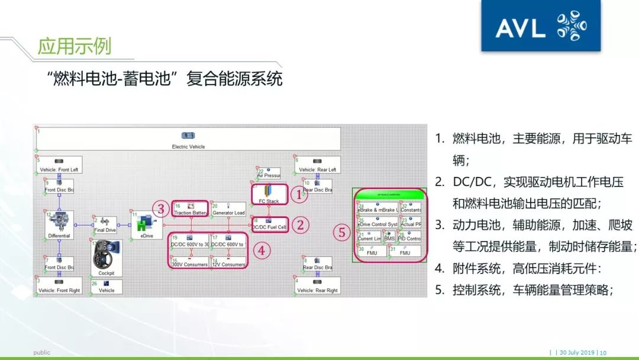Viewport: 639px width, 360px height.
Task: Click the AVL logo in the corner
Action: pyautogui.click(x=541, y=26)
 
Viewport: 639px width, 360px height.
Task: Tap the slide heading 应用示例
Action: pyautogui.click(x=74, y=46)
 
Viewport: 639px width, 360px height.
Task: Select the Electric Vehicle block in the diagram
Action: pyautogui.click(x=188, y=140)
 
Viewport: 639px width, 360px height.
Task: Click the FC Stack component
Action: pyautogui.click(x=269, y=194)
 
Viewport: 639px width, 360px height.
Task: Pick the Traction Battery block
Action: pyautogui.click(x=189, y=208)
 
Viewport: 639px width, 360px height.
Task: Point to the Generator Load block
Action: pyautogui.click(x=228, y=208)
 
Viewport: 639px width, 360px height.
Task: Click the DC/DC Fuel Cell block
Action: pyautogui.click(x=269, y=224)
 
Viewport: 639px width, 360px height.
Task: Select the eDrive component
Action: pyautogui.click(x=143, y=225)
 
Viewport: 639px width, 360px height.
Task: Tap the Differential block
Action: pyautogui.click(x=59, y=225)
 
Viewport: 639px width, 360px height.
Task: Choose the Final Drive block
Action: pyautogui.click(x=105, y=225)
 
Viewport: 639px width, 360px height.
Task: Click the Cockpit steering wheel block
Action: pyautogui.click(x=106, y=258)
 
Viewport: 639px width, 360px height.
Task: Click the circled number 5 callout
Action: pyautogui.click(x=341, y=232)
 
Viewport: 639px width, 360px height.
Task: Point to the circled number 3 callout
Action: pyautogui.click(x=160, y=208)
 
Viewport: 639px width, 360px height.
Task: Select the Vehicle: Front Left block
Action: pyautogui.click(x=59, y=165)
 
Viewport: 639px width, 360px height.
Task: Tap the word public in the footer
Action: pyautogui.click(x=41, y=353)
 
